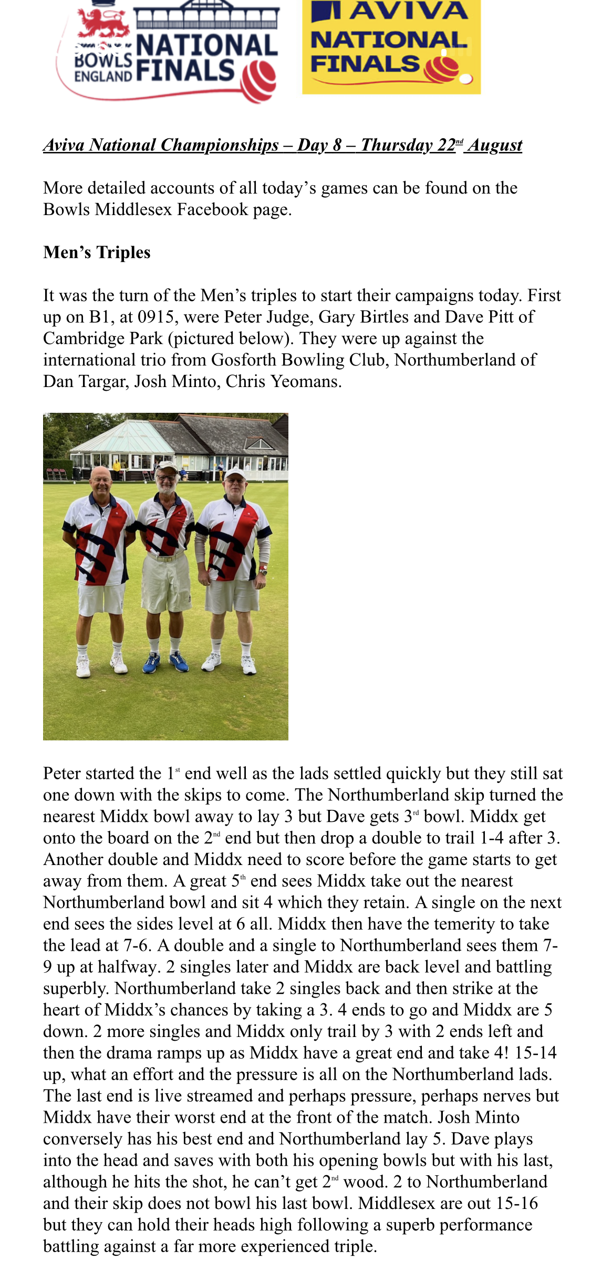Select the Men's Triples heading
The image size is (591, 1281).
pyautogui.click(x=97, y=252)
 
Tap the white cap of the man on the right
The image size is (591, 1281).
pyautogui.click(x=235, y=474)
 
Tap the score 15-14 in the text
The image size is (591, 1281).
pyautogui.click(x=535, y=1053)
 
